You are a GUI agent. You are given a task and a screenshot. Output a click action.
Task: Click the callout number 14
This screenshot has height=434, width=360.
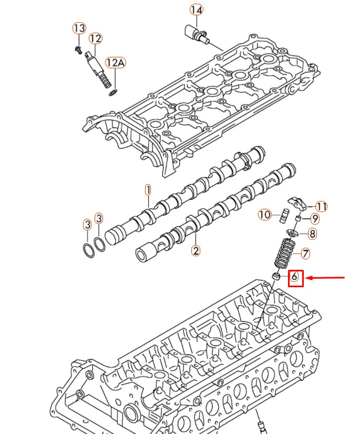click(x=196, y=10)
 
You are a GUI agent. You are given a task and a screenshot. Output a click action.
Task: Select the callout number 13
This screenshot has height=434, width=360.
click(x=79, y=28)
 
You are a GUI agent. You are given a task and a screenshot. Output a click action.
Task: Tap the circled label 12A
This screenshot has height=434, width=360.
click(x=116, y=63)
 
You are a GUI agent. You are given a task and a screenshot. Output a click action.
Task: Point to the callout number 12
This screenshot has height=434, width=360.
click(x=95, y=38)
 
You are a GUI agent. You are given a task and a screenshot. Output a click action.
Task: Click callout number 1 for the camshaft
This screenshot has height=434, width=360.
click(x=148, y=189)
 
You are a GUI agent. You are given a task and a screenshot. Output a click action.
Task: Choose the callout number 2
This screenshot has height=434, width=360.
click(x=196, y=250)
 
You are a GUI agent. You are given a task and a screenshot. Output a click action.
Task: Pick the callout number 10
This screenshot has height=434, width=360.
click(x=264, y=215)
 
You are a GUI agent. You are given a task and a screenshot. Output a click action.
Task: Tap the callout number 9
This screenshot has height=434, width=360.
click(x=314, y=218)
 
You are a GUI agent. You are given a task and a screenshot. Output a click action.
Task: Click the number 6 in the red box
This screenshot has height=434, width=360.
click(x=295, y=276)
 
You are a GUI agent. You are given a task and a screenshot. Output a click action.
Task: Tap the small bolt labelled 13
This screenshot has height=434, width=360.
click(x=77, y=50)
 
